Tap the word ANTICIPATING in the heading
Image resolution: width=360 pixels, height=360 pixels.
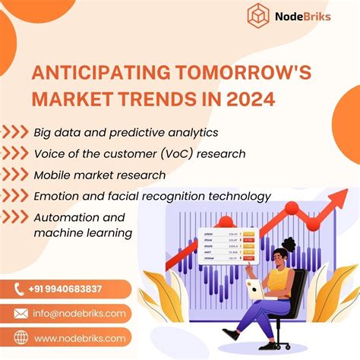pyautogui.click(x=98, y=74)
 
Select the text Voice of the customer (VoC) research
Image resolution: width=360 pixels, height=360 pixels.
pyautogui.click(x=139, y=154)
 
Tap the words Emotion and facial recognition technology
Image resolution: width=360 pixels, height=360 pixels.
pyautogui.click(x=152, y=197)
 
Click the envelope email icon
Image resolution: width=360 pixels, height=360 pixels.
pyautogui.click(x=20, y=313)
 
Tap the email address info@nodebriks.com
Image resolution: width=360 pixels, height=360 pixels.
pyautogui.click(x=79, y=313)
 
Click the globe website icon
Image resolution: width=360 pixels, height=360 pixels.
pyautogui.click(x=20, y=336)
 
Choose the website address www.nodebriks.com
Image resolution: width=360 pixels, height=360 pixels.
pyautogui.click(x=79, y=336)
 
